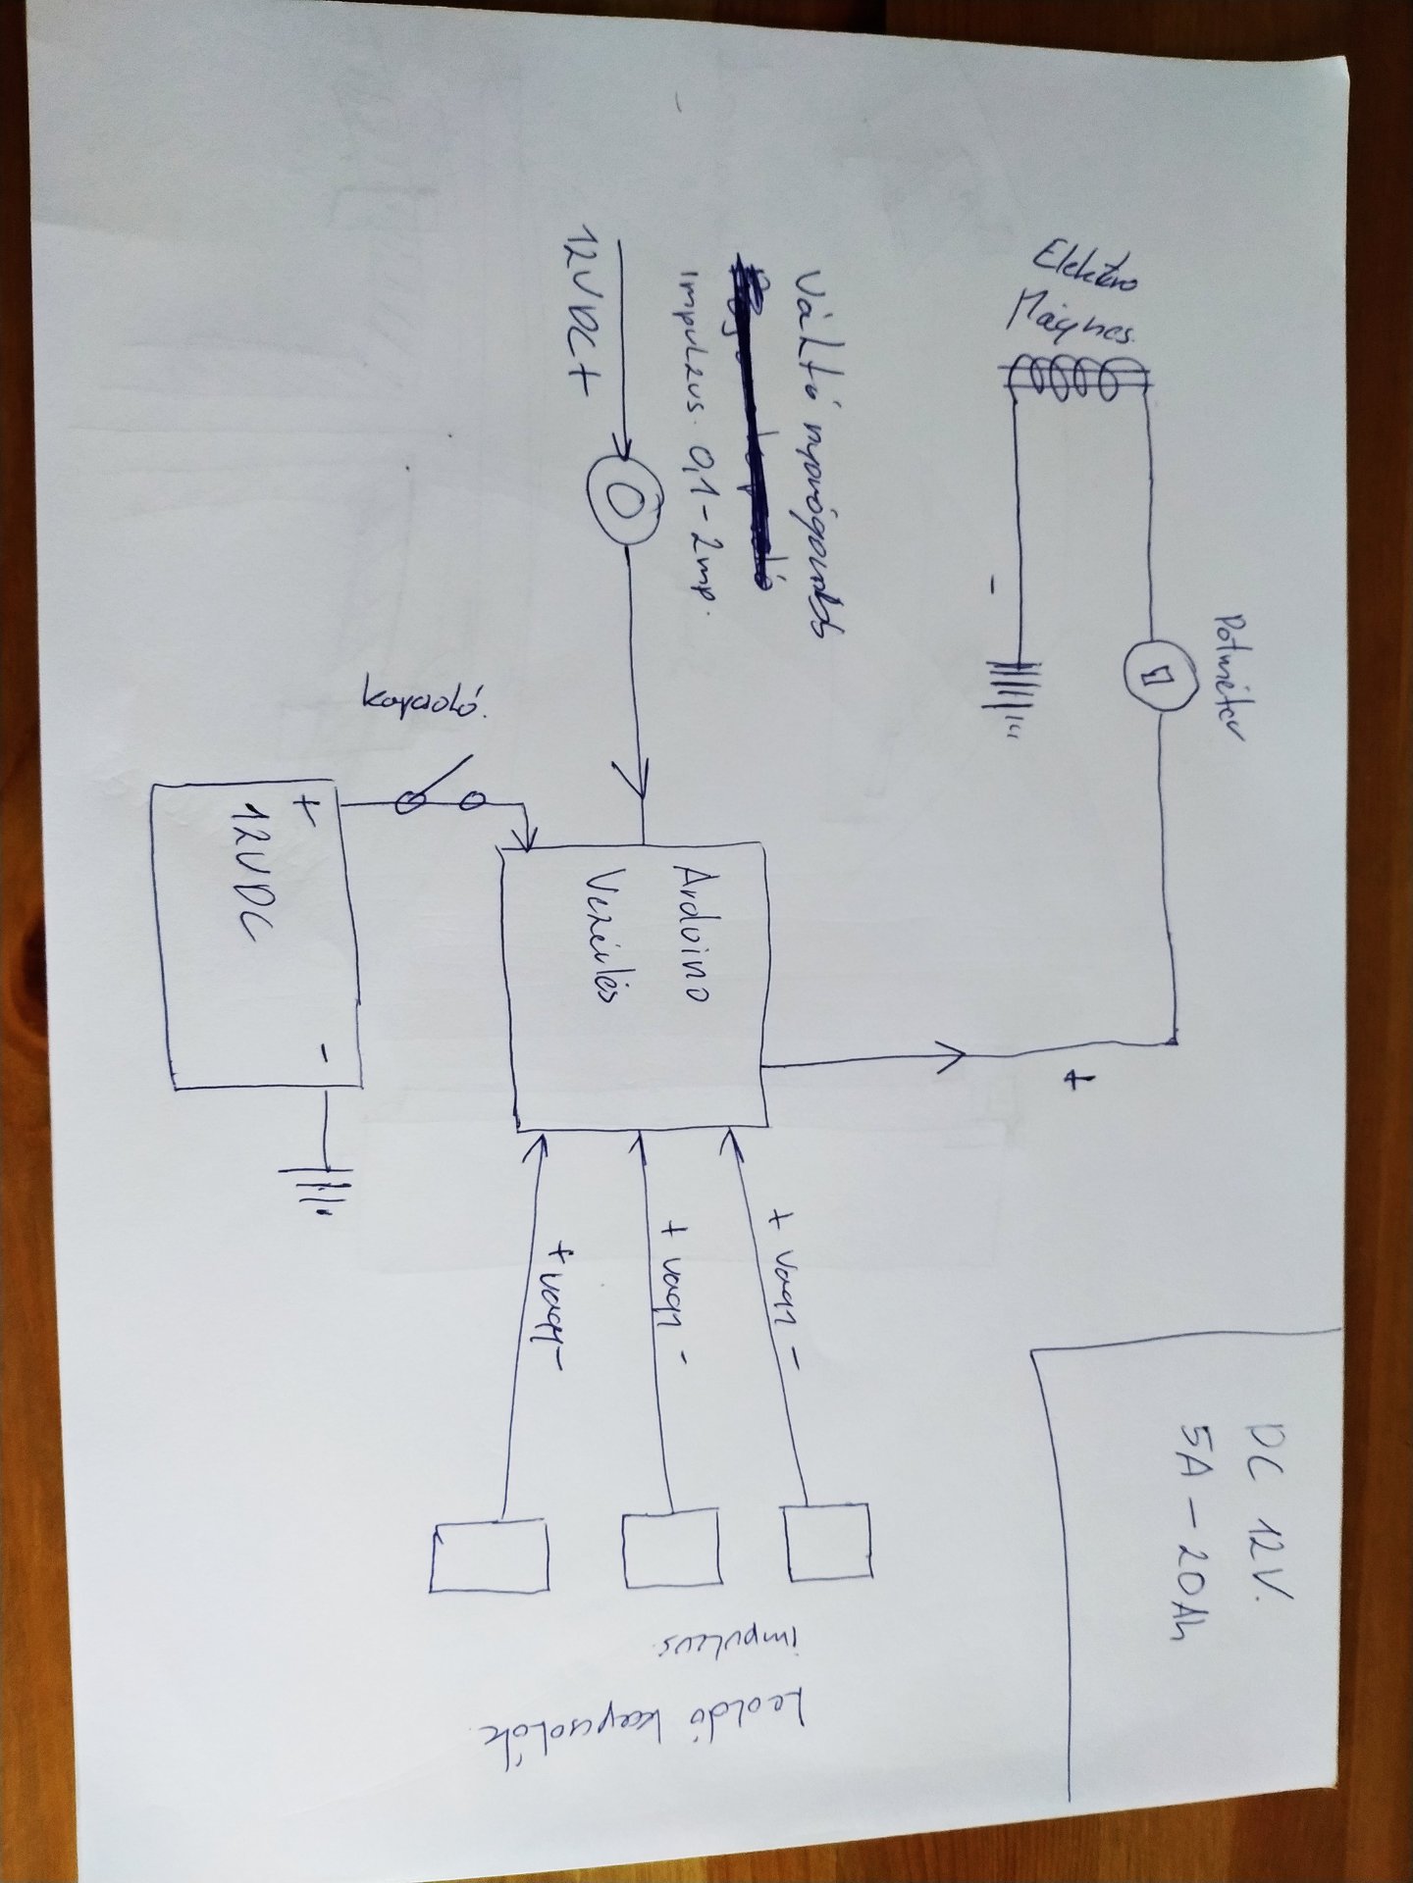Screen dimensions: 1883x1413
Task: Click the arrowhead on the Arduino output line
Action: pos(952,1056)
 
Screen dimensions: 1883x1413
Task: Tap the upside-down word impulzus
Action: pos(731,1657)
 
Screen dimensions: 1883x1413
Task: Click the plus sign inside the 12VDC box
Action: pos(306,809)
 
